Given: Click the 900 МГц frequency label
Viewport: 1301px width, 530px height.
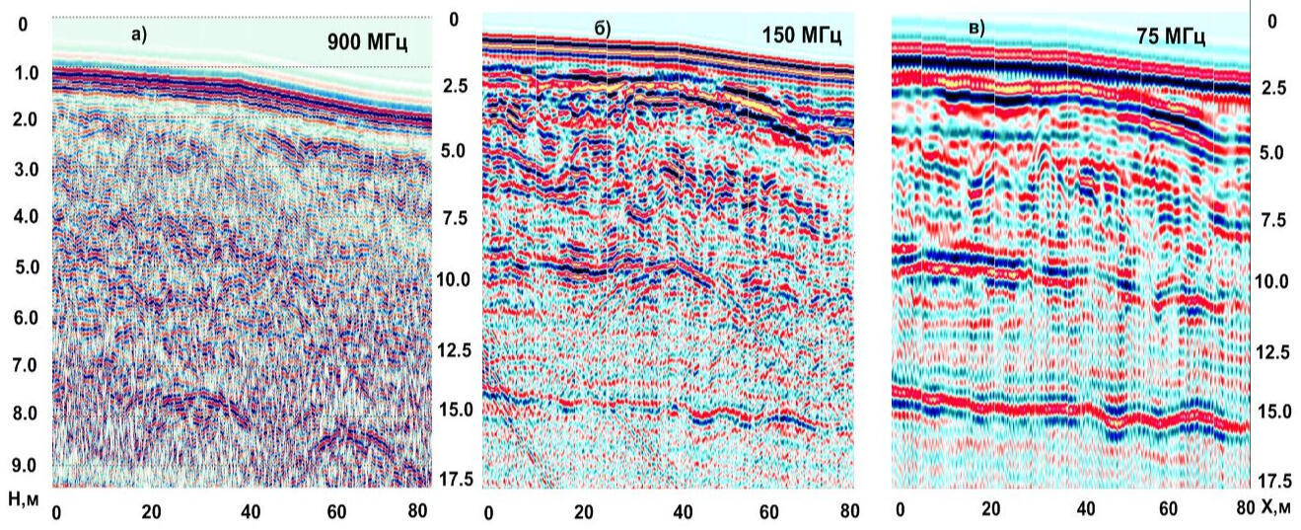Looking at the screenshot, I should click(x=368, y=43).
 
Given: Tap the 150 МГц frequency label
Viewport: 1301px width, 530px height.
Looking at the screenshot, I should click(x=801, y=37).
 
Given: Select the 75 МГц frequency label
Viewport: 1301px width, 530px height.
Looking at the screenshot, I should click(x=1170, y=37).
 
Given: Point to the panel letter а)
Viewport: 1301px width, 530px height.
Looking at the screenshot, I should click(x=139, y=34).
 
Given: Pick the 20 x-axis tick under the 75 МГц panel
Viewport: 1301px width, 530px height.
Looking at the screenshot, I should click(x=991, y=509).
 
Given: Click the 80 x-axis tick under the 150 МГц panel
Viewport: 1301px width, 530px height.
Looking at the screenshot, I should click(x=845, y=512).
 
